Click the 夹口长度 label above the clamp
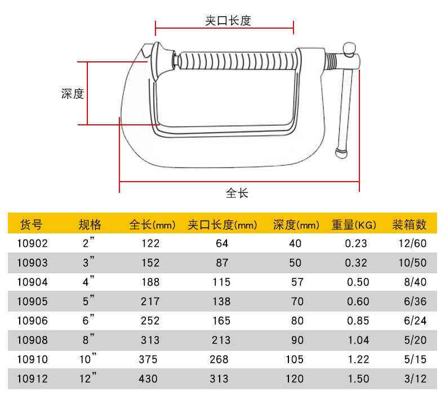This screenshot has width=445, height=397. pyautogui.click(x=228, y=21)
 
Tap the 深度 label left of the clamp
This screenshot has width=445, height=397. pyautogui.click(x=73, y=94)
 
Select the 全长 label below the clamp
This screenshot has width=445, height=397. pyautogui.click(x=237, y=193)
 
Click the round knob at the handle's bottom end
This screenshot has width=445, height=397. pyautogui.click(x=341, y=153)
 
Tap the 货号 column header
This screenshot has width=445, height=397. pyautogui.click(x=31, y=224)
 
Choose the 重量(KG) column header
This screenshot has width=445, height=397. pyautogui.click(x=354, y=225)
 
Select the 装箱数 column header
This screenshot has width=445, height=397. pyautogui.click(x=410, y=224)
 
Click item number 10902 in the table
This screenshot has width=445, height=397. pyautogui.click(x=32, y=243)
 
